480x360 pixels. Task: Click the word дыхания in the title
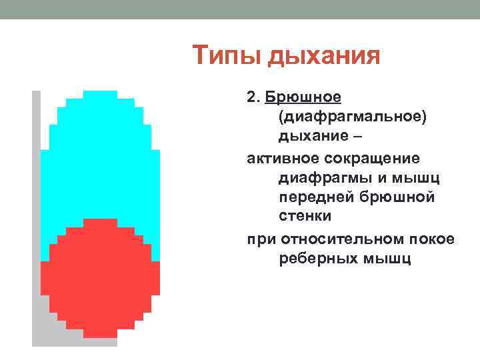pos(323,57)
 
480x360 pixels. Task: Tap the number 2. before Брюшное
pos(253,98)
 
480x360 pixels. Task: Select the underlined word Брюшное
pos(303,99)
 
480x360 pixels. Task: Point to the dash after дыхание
pos(359,138)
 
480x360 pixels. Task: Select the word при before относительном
pos(261,239)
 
